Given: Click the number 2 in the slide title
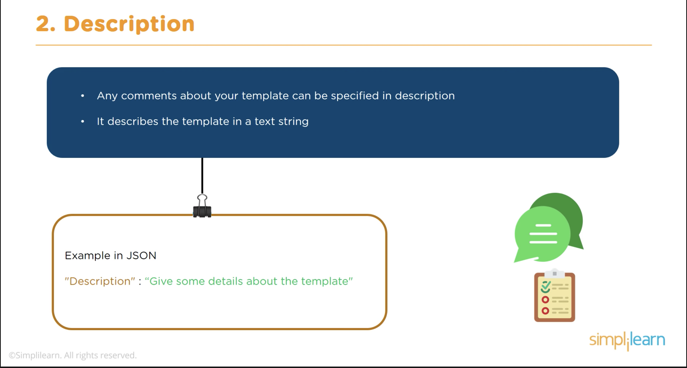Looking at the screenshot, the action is point(43,24).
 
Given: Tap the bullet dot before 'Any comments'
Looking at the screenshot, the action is point(83,96).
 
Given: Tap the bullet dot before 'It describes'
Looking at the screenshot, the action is point(83,121).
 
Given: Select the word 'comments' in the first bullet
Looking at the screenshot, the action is point(149,96).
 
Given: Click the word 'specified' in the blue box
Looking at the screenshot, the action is point(355,96).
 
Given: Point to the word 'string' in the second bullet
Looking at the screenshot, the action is point(293,121).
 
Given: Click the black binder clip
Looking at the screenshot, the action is point(202,206).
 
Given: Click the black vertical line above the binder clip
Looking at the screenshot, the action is point(202,176).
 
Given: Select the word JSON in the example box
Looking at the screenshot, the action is point(141,255).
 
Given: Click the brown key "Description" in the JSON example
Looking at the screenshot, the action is point(100,281).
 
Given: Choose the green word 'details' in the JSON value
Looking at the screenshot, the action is point(225,281).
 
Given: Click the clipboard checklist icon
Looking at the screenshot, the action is point(555,296).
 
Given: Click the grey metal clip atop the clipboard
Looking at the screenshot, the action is point(555,273).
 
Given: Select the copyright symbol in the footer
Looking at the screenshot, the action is point(12,355).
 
